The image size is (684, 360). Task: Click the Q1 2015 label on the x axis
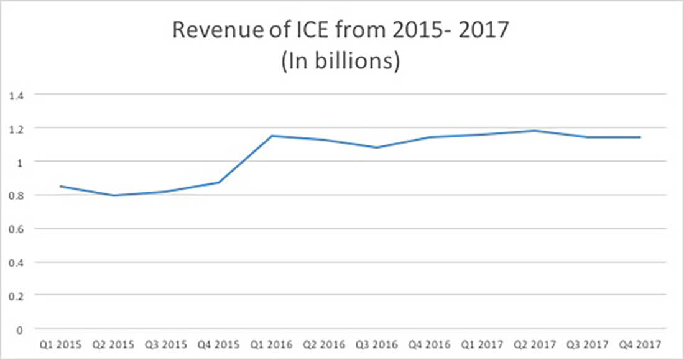60,344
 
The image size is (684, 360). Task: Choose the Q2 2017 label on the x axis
535,344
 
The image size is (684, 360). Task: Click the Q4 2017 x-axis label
640,344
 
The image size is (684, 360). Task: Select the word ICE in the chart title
308,31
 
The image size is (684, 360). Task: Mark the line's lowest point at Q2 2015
113,195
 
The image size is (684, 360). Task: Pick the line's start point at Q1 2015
60,186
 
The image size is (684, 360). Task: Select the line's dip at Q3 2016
377,147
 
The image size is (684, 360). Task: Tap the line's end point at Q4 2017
640,137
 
